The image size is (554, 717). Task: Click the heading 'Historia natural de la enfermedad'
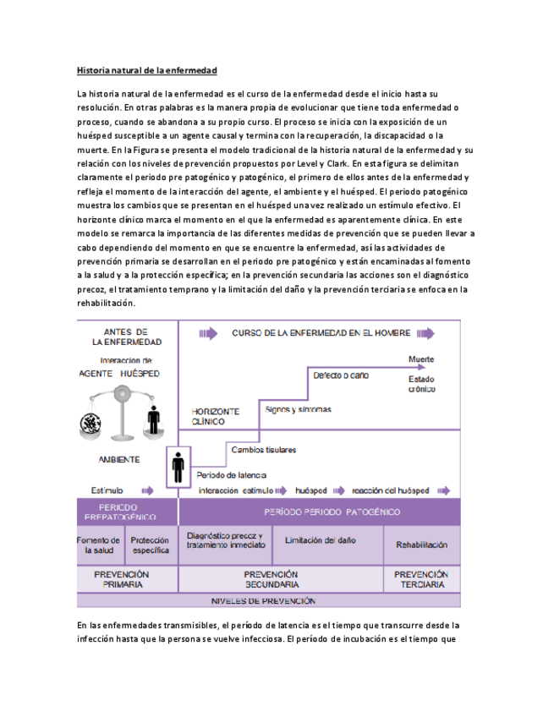tap(147, 70)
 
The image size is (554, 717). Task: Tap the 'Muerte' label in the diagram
tap(420, 359)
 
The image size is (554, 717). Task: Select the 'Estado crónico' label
tap(421, 385)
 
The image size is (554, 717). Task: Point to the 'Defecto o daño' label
tap(343, 375)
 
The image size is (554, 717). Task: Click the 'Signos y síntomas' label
tap(298, 409)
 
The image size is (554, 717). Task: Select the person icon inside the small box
tap(178, 467)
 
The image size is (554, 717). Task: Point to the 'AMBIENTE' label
tap(119, 460)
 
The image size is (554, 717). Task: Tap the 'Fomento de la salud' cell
tap(101, 545)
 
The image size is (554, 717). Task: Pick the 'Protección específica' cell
tap(151, 545)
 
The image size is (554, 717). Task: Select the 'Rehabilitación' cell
tap(421, 545)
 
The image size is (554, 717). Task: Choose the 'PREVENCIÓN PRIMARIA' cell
tap(126, 578)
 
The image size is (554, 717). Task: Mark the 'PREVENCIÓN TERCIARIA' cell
tap(421, 578)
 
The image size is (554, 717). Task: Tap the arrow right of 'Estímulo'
tap(147, 490)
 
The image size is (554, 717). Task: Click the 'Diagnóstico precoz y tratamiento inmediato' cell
tap(224, 540)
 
